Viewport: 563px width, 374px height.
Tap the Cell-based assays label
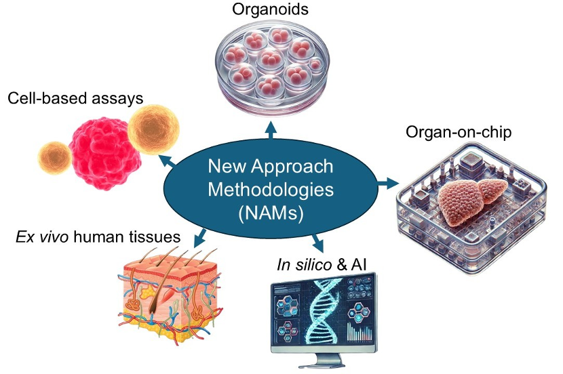coord(75,99)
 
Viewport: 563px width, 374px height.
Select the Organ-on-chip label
coord(459,131)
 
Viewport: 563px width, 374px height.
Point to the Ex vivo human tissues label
coord(99,237)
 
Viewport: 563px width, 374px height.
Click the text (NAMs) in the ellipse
coord(271,211)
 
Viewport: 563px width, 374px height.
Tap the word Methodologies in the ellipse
coord(271,188)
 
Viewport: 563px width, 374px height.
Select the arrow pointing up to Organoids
coord(271,130)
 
